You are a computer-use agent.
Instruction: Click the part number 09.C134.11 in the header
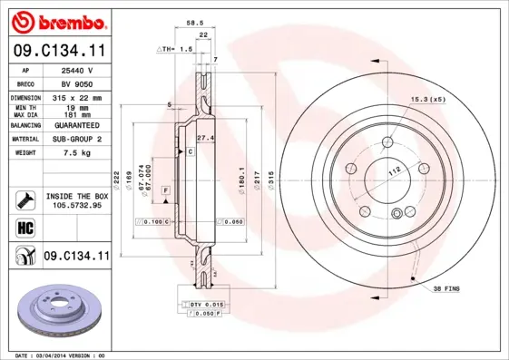(x=56, y=50)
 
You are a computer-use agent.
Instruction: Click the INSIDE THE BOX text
(x=76, y=196)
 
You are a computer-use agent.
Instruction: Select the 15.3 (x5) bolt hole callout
(x=426, y=98)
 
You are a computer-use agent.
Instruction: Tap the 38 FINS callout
(x=446, y=287)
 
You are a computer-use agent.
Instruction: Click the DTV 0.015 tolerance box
(x=208, y=303)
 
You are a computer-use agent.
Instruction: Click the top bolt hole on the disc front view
(x=389, y=141)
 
